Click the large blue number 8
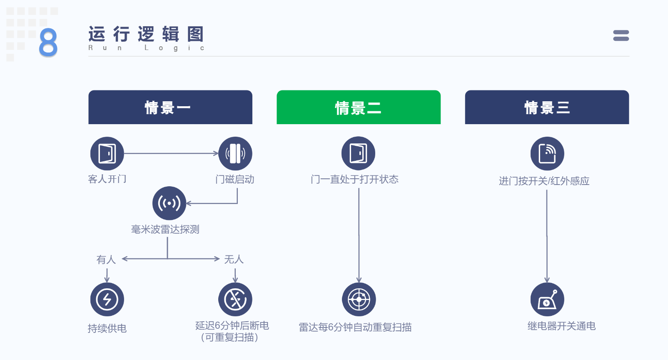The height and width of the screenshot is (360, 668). [x=48, y=42]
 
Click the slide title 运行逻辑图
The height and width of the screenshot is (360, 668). [x=146, y=34]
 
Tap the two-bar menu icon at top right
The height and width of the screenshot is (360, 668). [x=621, y=36]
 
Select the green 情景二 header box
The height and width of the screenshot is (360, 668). [x=359, y=107]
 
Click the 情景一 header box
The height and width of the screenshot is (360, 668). [x=170, y=107]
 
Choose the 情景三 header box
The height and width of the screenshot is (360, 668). [x=547, y=107]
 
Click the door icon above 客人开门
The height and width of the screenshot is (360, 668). [x=107, y=153]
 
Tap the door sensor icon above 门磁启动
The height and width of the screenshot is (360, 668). [x=235, y=153]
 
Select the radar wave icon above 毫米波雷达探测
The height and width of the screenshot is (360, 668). [x=169, y=203]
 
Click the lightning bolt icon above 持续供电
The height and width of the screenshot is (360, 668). [x=107, y=299]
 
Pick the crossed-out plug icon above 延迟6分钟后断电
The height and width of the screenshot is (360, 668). [x=235, y=299]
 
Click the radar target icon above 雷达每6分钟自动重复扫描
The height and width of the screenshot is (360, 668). [x=359, y=299]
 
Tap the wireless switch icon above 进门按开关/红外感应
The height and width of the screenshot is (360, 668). [x=547, y=153]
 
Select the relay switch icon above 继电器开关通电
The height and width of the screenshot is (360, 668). [x=547, y=299]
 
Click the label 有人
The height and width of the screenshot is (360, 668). [x=106, y=260]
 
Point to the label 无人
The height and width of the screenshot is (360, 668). [x=234, y=259]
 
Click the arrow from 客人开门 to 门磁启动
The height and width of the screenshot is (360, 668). [x=171, y=153]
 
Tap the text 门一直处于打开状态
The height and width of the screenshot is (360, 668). [x=354, y=179]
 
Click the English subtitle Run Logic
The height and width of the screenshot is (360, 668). [x=146, y=48]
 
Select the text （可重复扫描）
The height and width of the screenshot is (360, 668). [x=229, y=337]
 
